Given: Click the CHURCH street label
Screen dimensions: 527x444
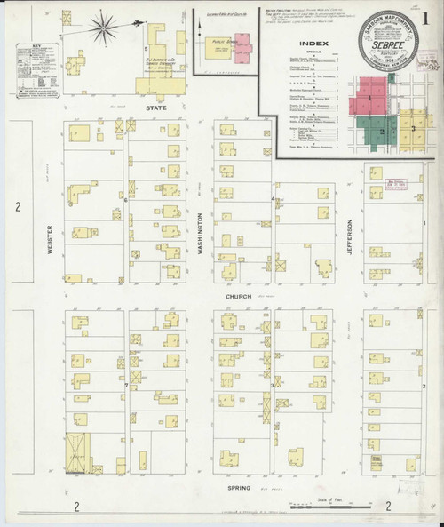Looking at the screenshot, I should point(240,296).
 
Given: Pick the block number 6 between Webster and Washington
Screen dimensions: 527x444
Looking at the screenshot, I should point(126,200).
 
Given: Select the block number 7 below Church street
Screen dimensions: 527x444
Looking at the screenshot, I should point(126,386).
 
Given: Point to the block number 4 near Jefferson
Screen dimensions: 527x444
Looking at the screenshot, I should point(272,199).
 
